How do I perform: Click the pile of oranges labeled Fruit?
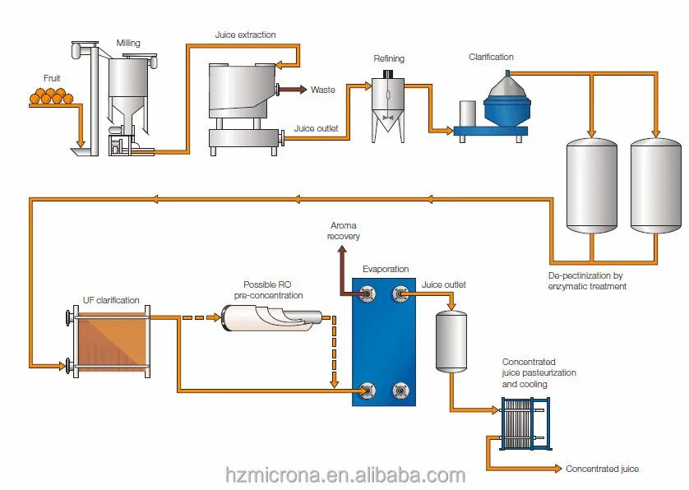(x=50, y=96)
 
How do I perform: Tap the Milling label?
(x=128, y=43)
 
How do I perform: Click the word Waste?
(x=323, y=90)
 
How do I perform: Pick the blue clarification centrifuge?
(x=502, y=103)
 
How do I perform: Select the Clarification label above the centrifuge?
(x=491, y=57)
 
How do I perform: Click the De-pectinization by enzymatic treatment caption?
(x=587, y=281)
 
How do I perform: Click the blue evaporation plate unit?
(x=384, y=340)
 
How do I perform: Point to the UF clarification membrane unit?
(x=110, y=340)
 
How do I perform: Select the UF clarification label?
(x=111, y=300)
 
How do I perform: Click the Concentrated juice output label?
(x=602, y=469)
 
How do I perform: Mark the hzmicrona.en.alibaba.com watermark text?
(x=345, y=475)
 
